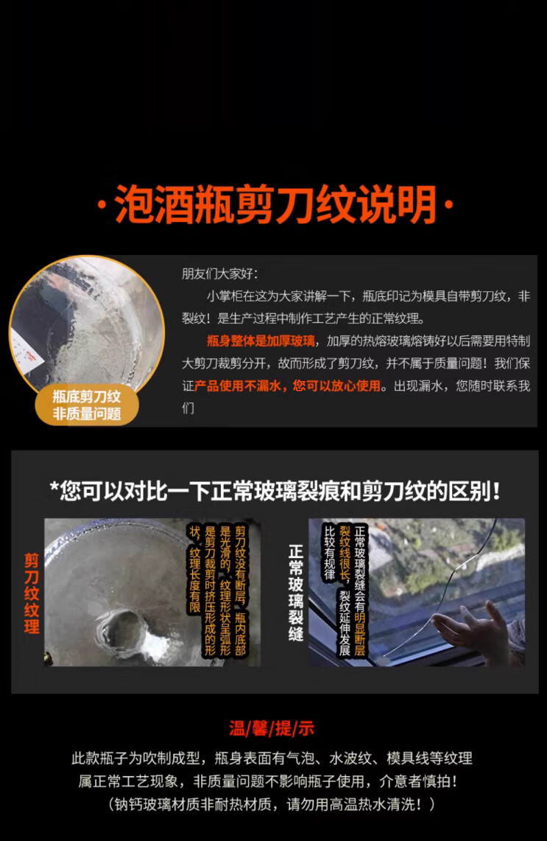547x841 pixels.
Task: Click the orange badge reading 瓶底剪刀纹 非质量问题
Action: click(87, 405)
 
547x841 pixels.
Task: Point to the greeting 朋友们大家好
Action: click(219, 273)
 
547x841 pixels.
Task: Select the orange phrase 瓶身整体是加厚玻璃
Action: click(261, 341)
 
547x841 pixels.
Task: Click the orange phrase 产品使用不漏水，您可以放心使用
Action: click(287, 385)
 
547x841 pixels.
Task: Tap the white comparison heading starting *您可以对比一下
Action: click(275, 491)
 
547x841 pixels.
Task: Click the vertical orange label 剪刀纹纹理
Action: click(32, 593)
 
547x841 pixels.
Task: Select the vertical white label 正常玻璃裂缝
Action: click(296, 593)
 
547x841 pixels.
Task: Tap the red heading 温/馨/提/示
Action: click(272, 728)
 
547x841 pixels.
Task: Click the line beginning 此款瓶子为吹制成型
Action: click(272, 758)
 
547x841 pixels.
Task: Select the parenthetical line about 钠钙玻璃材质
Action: click(272, 804)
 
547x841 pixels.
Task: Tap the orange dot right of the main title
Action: click(450, 204)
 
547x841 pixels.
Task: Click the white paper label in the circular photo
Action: click(27, 352)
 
